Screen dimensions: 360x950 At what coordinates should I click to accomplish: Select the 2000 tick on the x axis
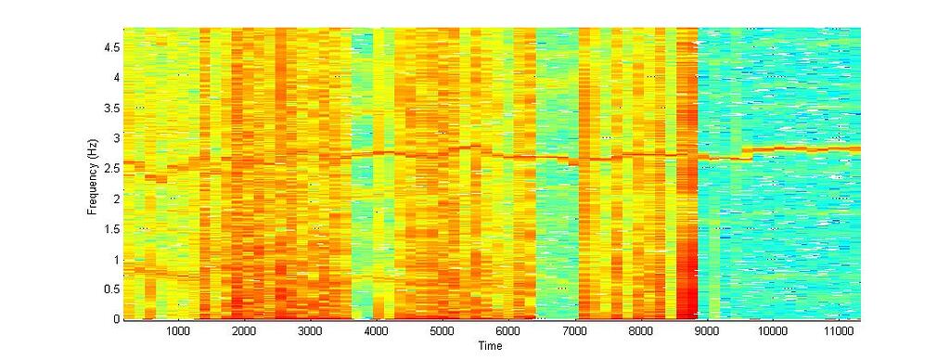243,331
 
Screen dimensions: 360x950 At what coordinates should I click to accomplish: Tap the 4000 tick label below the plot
376,331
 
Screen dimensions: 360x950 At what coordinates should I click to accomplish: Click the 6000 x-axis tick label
508,331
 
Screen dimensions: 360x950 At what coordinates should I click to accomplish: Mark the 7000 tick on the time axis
574,331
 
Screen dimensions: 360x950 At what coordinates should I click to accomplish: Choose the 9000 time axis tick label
707,331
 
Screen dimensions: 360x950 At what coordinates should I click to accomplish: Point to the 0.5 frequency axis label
110,289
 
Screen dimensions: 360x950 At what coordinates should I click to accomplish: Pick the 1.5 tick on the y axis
110,228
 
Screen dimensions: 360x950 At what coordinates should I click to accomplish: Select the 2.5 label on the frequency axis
110,168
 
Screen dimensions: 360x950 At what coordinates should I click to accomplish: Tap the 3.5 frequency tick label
110,108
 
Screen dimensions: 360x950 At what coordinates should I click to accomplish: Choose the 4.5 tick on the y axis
110,47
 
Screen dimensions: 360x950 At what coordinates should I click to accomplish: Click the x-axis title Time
490,346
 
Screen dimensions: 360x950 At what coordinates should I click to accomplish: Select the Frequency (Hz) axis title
93,174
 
